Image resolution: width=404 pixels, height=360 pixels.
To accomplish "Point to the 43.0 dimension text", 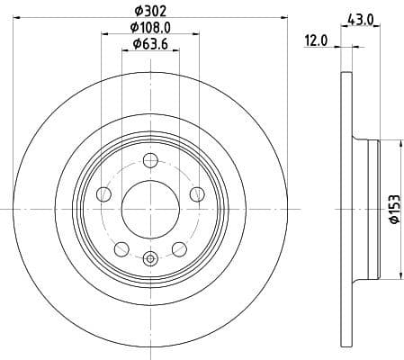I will click(360, 18).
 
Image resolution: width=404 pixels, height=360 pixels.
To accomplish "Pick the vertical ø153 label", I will click(393, 211).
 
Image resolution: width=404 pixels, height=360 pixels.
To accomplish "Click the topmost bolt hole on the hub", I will click(150, 162).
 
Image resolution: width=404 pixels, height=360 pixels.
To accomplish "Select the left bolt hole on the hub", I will click(104, 194).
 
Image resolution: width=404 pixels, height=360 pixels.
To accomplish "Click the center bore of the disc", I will click(150, 210).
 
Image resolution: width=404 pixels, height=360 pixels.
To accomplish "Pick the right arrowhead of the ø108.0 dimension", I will click(196, 35).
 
